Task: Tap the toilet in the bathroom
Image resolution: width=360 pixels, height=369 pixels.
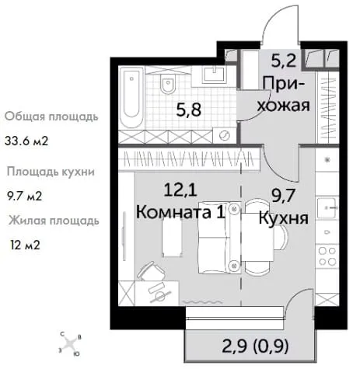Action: (168, 84)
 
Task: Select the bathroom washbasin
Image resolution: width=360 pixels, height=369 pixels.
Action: (215, 75)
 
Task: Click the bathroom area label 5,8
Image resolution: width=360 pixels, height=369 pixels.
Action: (189, 110)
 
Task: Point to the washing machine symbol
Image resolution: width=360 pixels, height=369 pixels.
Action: (224, 135)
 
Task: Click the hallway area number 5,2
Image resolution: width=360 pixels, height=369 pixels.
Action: (283, 61)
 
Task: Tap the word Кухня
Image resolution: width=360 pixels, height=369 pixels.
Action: (284, 218)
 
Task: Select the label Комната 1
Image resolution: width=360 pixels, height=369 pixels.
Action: (180, 212)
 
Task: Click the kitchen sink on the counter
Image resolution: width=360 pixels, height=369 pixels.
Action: (327, 207)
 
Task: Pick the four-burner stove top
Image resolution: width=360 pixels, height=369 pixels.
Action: (327, 256)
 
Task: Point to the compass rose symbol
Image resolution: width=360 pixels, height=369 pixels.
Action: (70, 344)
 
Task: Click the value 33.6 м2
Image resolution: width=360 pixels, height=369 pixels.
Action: (26, 141)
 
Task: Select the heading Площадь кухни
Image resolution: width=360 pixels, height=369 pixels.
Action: (51, 172)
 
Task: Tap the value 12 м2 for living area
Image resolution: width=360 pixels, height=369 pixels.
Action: (26, 245)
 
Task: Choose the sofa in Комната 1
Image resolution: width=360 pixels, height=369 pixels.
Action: (218, 238)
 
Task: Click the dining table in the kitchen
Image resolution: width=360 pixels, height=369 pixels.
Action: (257, 236)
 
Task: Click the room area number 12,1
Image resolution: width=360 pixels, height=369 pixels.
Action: (180, 190)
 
